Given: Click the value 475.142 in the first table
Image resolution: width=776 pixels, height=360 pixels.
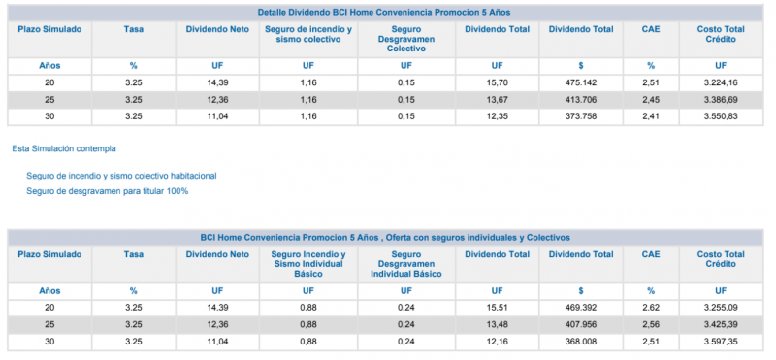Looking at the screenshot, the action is [581, 82].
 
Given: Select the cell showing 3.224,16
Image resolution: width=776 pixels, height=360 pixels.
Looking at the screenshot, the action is [721, 82].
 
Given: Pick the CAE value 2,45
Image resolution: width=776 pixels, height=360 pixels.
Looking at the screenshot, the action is [651, 100].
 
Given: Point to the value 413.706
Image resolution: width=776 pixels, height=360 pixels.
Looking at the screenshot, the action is [581, 100].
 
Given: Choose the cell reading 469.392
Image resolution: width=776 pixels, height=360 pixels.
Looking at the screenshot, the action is [581, 308].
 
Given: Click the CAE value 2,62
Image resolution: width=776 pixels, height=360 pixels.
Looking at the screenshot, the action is [651, 308].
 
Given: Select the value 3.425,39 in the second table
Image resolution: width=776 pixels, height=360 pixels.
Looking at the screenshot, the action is [721, 325].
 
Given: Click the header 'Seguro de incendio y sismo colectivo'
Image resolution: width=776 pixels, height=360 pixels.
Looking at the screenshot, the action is [308, 34].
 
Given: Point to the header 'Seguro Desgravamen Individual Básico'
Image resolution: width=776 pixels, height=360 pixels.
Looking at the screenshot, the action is [406, 264].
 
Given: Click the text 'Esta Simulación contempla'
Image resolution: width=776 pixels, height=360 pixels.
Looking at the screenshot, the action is [64, 148].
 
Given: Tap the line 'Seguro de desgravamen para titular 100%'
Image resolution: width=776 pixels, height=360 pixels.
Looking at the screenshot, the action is [108, 191].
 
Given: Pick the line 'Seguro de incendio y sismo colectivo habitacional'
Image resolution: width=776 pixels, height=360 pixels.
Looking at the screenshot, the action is [122, 176].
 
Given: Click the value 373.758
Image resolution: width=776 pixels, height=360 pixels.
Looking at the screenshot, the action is [581, 116].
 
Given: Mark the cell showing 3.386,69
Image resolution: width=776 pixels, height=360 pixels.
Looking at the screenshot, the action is [721, 100].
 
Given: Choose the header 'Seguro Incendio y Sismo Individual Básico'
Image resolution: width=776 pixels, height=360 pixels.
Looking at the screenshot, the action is [308, 264].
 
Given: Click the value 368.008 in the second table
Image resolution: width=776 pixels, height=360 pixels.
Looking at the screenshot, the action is [581, 342].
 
